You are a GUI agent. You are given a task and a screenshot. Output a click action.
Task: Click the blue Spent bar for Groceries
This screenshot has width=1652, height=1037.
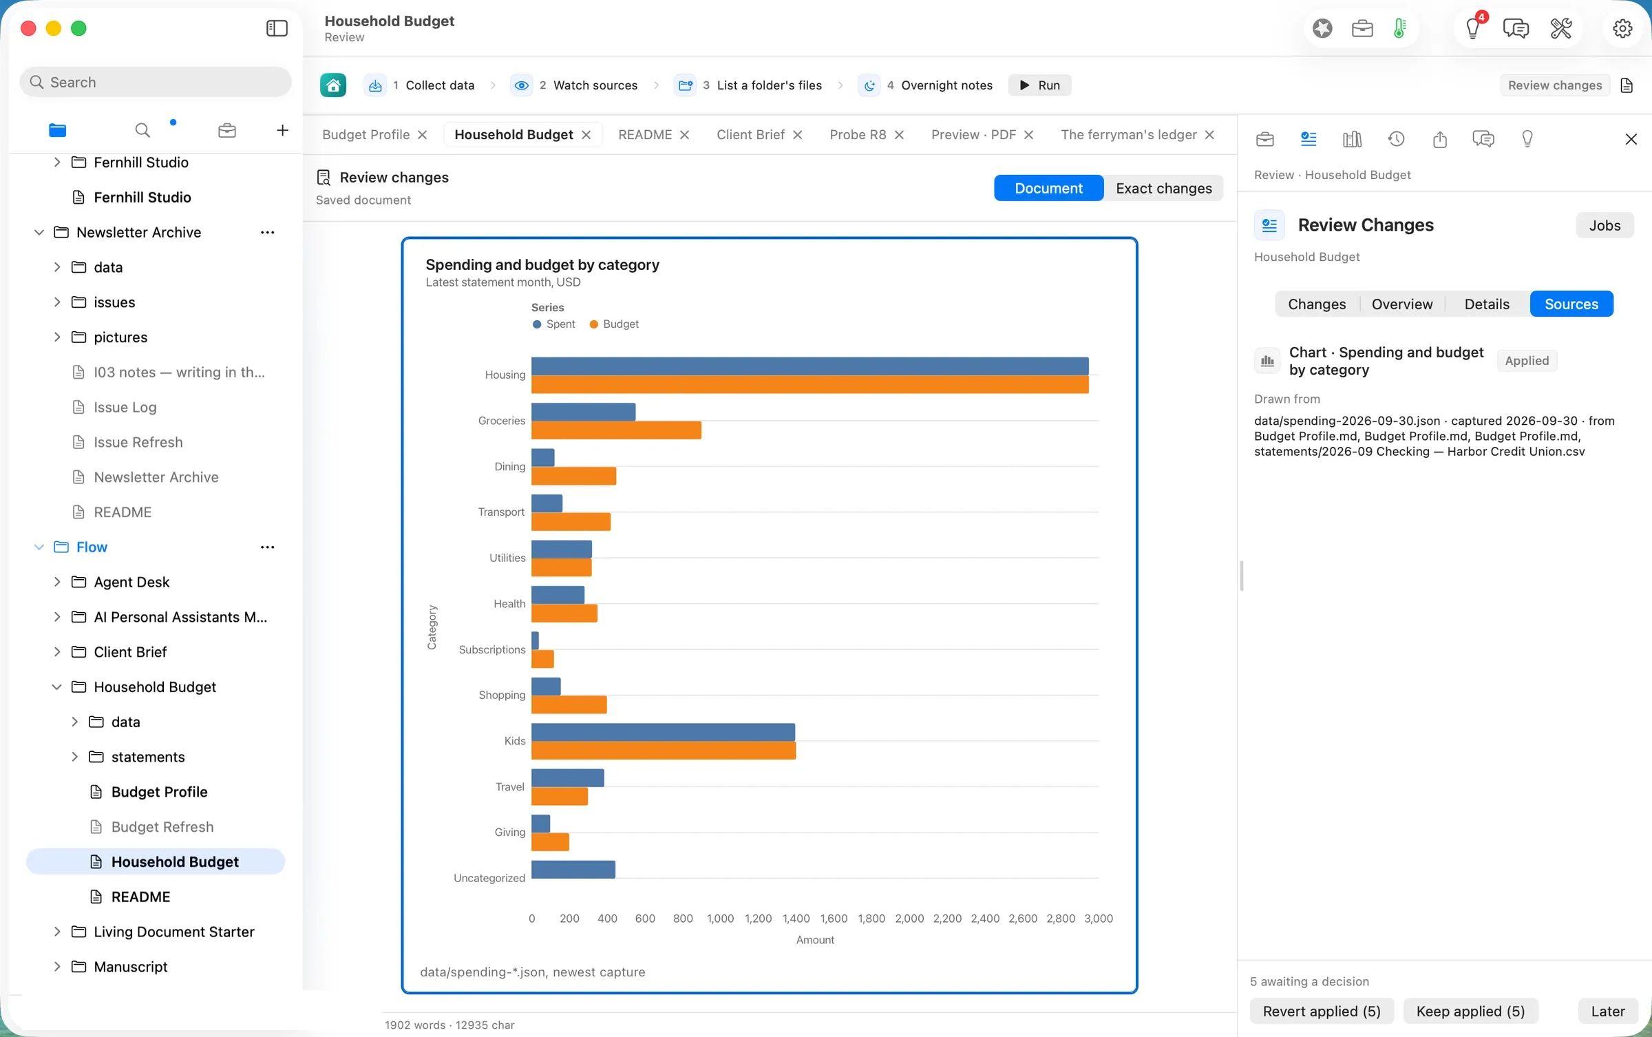[583, 412]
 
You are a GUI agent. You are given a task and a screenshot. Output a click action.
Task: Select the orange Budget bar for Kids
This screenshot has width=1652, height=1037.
[664, 751]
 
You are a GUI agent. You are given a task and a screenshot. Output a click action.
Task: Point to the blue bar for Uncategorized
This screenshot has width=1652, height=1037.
[573, 870]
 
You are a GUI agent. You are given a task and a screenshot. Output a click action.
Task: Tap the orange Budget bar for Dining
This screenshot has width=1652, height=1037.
[573, 476]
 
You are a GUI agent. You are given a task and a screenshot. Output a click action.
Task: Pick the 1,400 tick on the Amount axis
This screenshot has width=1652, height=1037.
[796, 919]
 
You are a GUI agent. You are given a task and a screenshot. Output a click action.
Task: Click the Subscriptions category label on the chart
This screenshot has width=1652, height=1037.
[492, 649]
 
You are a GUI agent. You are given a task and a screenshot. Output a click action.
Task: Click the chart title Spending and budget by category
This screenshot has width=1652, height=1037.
[542, 265]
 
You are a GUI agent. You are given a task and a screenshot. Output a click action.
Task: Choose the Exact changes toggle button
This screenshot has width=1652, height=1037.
[1163, 188]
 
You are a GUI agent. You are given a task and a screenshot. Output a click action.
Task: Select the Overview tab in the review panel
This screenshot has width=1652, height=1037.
[1401, 304]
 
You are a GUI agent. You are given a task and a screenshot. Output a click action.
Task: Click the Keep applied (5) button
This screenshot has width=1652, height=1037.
[1470, 1011]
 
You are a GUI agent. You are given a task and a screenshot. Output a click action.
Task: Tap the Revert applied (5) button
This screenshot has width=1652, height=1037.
[1322, 1011]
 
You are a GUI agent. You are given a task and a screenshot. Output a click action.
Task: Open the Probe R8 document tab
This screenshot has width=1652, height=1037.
[858, 135]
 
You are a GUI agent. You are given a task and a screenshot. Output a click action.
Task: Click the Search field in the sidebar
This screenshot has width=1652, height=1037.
[156, 82]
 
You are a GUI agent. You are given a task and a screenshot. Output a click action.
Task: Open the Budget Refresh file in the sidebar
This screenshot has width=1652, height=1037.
[162, 826]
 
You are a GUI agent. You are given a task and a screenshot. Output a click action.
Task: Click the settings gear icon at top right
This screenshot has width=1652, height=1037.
[1622, 29]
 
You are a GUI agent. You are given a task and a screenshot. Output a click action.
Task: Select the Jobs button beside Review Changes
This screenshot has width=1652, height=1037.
[1605, 225]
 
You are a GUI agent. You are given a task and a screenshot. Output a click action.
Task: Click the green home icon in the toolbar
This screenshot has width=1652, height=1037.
[333, 85]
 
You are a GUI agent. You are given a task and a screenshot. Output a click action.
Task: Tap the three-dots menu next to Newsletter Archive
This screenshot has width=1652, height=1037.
[268, 233]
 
